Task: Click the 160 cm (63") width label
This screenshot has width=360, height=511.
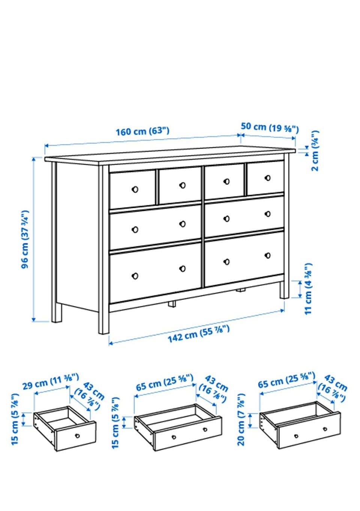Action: pyautogui.click(x=142, y=132)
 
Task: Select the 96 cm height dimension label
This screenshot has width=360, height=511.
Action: pyautogui.click(x=25, y=239)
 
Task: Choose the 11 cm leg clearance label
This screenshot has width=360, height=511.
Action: pyautogui.click(x=308, y=289)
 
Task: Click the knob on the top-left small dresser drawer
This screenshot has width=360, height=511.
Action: pyautogui.click(x=135, y=189)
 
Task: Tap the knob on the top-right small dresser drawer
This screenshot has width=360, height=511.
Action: pyautogui.click(x=268, y=178)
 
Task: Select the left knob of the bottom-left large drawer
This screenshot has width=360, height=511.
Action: pyautogui.click(x=135, y=276)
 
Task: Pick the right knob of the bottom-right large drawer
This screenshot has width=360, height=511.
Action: pyautogui.click(x=268, y=255)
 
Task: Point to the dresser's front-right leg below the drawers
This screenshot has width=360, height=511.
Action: pyautogui.click(x=284, y=290)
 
